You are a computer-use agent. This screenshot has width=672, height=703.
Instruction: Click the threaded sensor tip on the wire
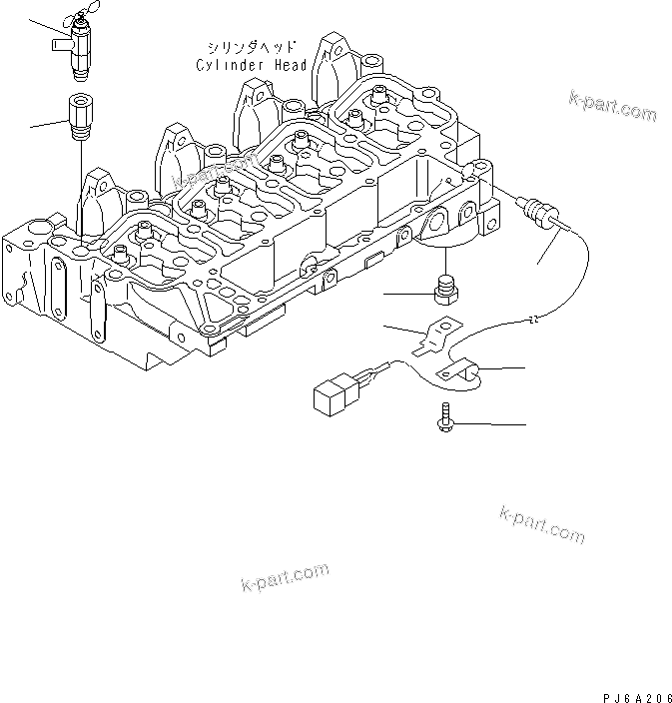(541, 212)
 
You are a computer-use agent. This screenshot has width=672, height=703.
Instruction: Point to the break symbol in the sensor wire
(535, 320)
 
